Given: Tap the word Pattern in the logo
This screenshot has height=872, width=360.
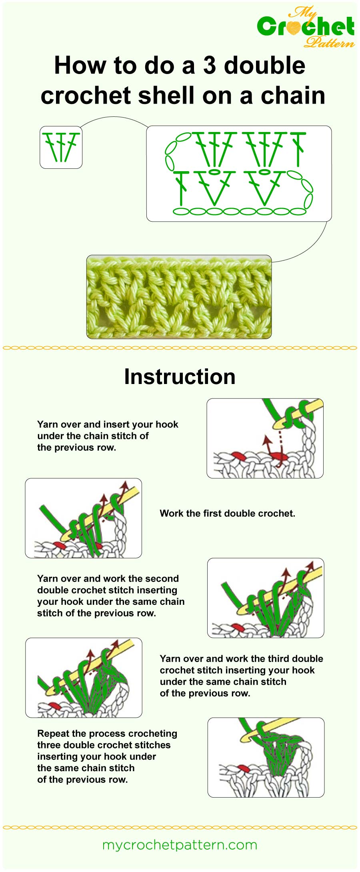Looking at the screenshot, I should pos(329,42).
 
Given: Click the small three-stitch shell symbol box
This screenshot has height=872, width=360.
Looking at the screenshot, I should pos(61,147).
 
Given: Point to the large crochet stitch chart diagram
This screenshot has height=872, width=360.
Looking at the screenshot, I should pos(239,174).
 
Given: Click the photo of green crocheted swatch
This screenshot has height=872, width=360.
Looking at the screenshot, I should pos(179,297).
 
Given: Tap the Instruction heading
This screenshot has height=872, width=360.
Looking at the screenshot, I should pos(180,377).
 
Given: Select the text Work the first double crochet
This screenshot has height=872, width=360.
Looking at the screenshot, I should pos(227,513).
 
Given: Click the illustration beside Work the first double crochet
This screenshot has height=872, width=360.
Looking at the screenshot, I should pos(83,518).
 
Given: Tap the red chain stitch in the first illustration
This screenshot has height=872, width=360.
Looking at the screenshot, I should pos(239,455).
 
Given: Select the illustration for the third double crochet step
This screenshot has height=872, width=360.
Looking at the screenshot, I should pos(84,678).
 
